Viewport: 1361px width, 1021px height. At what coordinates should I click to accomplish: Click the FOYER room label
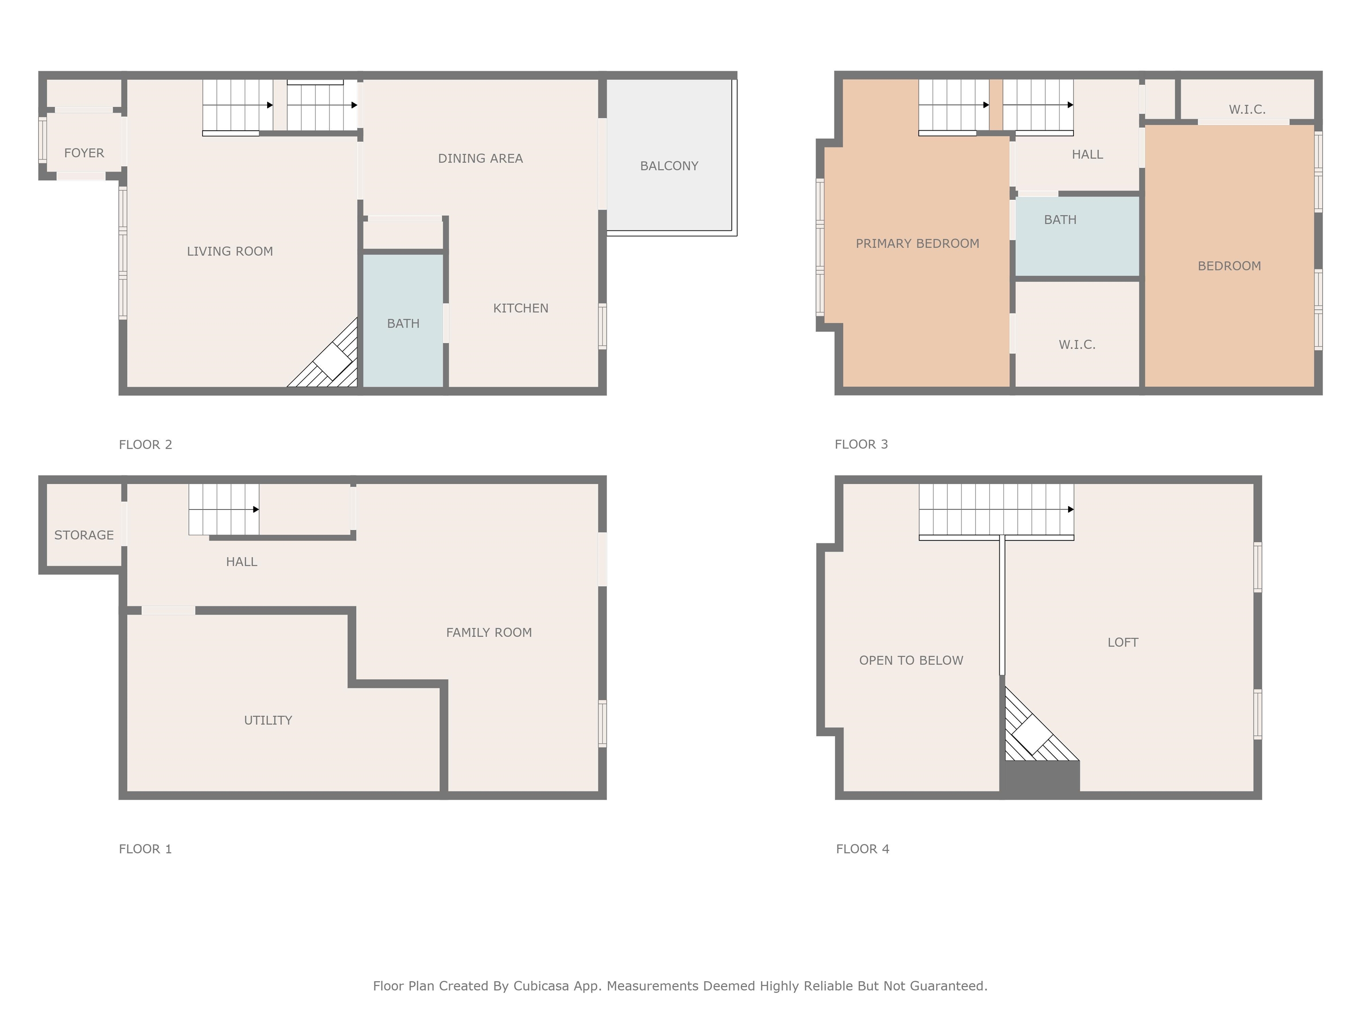point(84,152)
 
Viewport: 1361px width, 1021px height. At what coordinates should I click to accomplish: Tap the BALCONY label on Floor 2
point(669,166)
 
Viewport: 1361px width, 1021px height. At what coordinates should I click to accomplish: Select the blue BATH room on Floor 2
point(403,320)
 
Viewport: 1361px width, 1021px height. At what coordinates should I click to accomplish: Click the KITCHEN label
point(521,308)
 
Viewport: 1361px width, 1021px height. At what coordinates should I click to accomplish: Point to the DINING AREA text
point(481,158)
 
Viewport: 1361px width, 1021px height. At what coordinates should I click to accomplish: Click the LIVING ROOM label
point(229,251)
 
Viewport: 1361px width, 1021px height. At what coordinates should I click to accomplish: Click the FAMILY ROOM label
point(489,632)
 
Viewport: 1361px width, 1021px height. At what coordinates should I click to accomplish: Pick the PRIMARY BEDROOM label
point(918,243)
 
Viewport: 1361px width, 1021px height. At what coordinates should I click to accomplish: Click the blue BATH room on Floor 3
point(1077,236)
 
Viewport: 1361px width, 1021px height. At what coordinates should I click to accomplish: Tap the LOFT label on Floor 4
point(1123,642)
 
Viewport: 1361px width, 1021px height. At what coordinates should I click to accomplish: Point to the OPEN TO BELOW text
point(911,660)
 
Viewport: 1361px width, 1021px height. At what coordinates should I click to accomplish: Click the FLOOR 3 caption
point(861,444)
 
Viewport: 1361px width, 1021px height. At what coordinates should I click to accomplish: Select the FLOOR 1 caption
point(145,849)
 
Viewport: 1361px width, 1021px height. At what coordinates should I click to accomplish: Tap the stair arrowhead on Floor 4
point(1070,509)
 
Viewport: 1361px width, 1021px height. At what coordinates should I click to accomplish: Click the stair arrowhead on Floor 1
point(256,509)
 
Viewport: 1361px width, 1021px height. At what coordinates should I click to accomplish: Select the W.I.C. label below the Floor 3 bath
point(1077,345)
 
